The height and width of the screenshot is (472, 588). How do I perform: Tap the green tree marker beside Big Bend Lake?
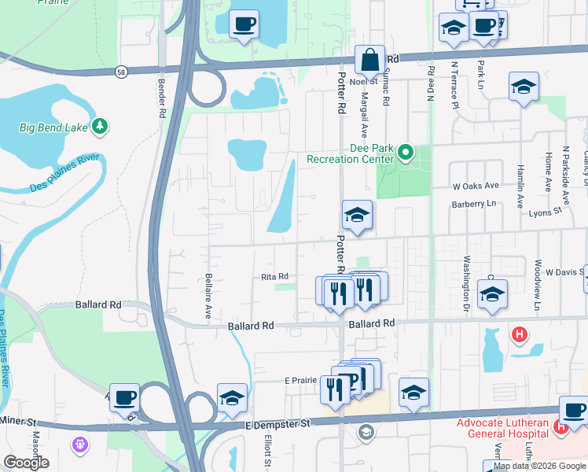point(100,126)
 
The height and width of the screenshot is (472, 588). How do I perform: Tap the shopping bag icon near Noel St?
point(369,60)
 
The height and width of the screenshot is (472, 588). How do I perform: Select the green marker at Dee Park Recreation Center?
point(406,153)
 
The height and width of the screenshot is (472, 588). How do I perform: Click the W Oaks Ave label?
point(476,186)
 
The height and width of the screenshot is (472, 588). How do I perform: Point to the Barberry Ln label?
point(476,204)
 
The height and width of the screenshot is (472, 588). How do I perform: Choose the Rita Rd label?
point(275,276)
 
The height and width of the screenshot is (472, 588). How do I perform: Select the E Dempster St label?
point(278,423)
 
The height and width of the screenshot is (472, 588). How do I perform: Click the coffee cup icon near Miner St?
point(124,398)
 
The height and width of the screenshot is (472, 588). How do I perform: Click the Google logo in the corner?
point(26,463)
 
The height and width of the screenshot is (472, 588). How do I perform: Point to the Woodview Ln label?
point(538,279)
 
